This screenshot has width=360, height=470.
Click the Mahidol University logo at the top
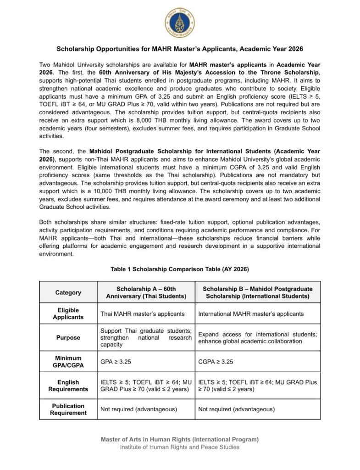coord(180,22)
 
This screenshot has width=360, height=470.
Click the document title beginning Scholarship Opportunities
coord(180,48)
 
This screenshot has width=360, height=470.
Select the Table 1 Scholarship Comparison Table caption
coord(180,269)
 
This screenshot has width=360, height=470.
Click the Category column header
coord(68,292)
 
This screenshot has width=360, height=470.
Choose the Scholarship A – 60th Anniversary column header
coord(146,292)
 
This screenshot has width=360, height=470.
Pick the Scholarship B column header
coord(257,292)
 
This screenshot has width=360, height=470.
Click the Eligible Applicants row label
coord(68,314)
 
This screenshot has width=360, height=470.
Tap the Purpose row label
coord(68,338)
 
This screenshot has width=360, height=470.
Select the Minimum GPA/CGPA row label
coord(68,362)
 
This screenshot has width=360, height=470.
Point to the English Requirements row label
coord(68,386)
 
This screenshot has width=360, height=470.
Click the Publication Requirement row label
coord(68,409)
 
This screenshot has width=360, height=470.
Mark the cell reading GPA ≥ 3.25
coord(116,362)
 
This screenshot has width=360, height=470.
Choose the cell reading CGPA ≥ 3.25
coord(216,362)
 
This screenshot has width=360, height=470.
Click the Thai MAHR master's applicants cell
coord(142,314)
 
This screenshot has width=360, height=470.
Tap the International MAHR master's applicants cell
coord(251,314)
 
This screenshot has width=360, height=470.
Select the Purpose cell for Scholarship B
coord(257,338)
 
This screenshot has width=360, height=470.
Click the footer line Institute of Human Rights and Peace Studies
coord(180,447)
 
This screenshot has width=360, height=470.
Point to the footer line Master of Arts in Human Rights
coord(180,439)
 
